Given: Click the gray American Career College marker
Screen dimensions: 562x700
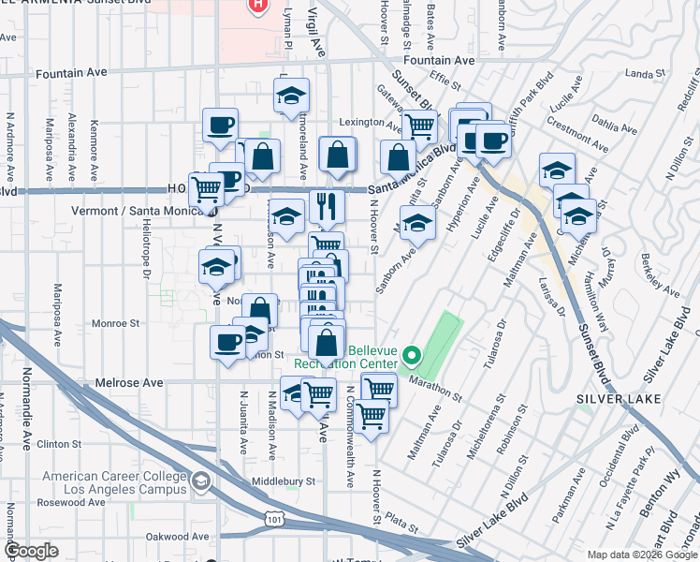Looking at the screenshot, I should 199,482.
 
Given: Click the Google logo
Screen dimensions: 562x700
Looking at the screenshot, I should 32,551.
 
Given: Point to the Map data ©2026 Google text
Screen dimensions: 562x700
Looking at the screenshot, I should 641,555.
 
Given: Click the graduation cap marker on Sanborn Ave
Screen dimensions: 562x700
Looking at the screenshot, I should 419,224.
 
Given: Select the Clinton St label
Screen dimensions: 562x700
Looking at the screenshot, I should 63,444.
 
